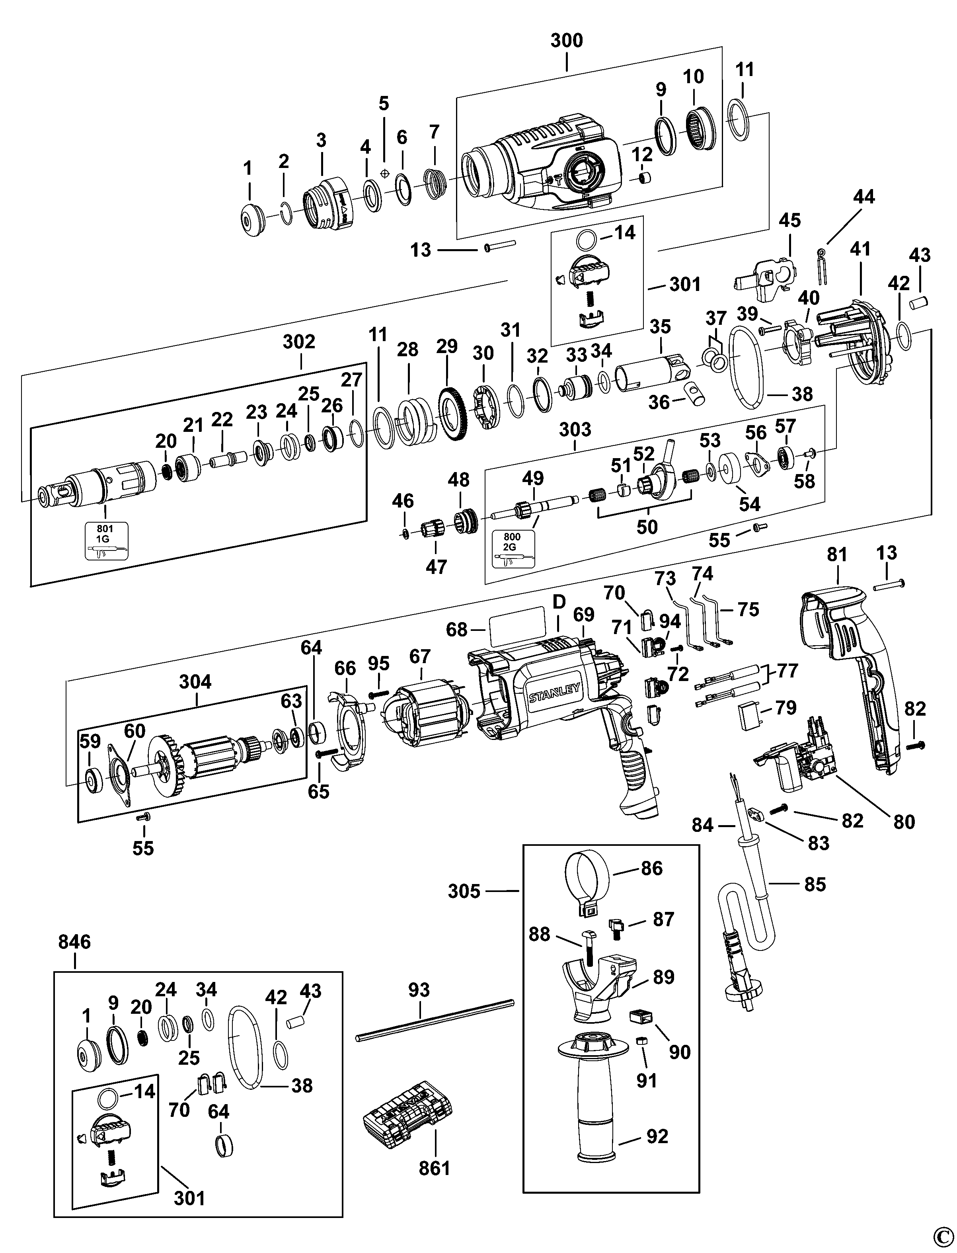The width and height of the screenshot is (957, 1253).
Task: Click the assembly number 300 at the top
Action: tap(567, 41)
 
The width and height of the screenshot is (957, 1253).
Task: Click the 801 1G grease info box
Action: tap(107, 540)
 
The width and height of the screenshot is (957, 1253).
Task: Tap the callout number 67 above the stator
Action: tap(420, 656)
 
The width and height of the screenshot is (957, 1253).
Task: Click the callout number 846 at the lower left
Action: tap(75, 942)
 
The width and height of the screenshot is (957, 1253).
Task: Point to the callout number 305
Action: tap(464, 891)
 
